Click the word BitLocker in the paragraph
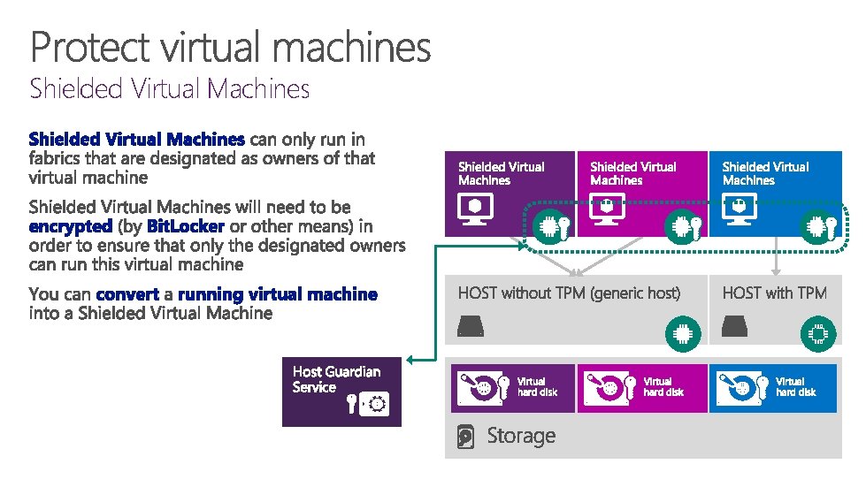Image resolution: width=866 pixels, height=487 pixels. pyautogui.click(x=185, y=226)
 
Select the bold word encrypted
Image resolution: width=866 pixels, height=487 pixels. pyautogui.click(x=71, y=226)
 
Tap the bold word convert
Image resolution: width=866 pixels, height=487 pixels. pyautogui.click(x=127, y=293)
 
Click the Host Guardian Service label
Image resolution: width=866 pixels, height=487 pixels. pyautogui.click(x=336, y=379)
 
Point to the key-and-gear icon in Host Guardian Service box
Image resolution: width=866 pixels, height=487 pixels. pyautogui.click(x=369, y=405)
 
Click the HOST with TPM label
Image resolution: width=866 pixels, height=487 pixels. pyautogui.click(x=774, y=293)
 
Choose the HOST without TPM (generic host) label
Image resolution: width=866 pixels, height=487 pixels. pyautogui.click(x=569, y=293)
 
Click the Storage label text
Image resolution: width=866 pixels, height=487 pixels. pyautogui.click(x=521, y=436)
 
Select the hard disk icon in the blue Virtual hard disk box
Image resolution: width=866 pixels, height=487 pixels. pyautogui.click(x=740, y=388)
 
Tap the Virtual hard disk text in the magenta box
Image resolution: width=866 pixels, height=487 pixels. pyautogui.click(x=663, y=387)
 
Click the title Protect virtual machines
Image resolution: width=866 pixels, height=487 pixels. pyautogui.click(x=231, y=47)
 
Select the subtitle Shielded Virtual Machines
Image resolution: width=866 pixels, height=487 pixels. pyautogui.click(x=170, y=88)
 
